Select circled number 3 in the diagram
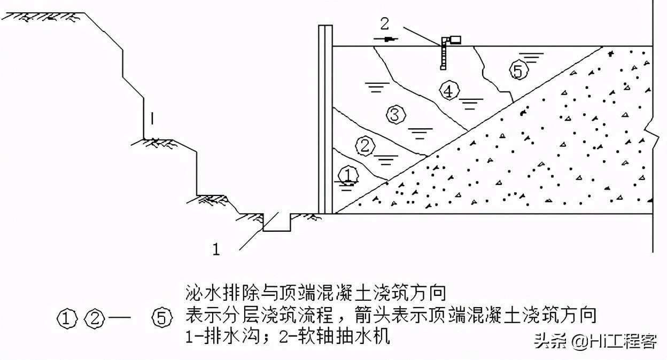(x=395, y=115)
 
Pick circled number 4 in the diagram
(x=449, y=91)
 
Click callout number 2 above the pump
(x=385, y=24)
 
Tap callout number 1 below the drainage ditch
(x=216, y=249)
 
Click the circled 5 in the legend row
(x=162, y=319)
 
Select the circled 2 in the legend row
(x=94, y=319)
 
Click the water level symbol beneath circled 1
(x=347, y=185)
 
